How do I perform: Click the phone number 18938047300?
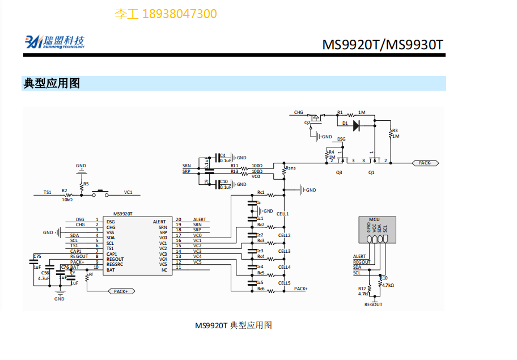click(x=179, y=14)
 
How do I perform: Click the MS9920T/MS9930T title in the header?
click(x=383, y=44)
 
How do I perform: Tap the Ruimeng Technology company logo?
click(x=54, y=41)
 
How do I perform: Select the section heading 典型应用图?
click(x=52, y=83)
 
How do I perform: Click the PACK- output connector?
click(x=425, y=163)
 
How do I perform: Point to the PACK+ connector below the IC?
click(x=121, y=291)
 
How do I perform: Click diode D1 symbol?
click(x=356, y=125)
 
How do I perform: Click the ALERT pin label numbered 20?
click(x=200, y=220)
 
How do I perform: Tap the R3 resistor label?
click(x=395, y=130)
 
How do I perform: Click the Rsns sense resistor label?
click(x=291, y=168)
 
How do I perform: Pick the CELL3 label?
click(x=283, y=251)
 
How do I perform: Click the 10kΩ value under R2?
click(x=67, y=200)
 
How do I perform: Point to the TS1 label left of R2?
click(x=48, y=193)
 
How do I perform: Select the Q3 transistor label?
click(x=339, y=172)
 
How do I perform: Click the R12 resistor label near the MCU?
click(x=362, y=289)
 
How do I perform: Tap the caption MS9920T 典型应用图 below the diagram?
click(x=234, y=325)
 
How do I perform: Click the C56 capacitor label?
click(x=45, y=273)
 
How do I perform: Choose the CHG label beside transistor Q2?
click(x=298, y=112)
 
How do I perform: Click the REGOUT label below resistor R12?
click(x=373, y=304)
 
